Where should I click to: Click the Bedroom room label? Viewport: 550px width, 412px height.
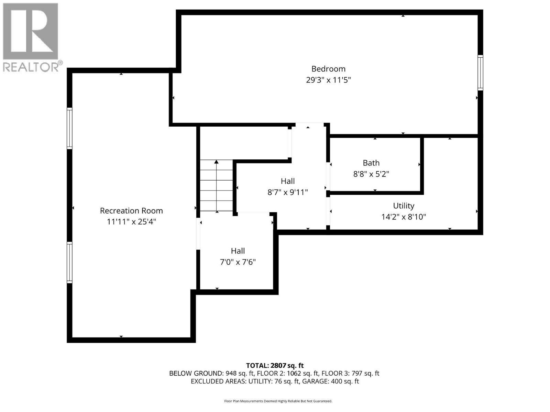click(328, 69)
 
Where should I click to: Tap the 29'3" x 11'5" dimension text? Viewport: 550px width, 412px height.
click(328, 80)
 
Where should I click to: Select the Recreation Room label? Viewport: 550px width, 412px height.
click(131, 210)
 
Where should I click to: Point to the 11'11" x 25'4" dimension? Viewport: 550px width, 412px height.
click(131, 222)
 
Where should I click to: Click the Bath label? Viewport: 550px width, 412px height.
click(371, 163)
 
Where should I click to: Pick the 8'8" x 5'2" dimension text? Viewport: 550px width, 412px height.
click(371, 174)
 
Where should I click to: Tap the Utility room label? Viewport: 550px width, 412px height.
click(404, 206)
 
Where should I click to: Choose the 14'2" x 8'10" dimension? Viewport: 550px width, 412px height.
click(404, 217)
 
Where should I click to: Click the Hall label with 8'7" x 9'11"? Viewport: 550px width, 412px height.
click(288, 181)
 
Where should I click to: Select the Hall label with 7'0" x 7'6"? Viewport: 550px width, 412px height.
click(238, 251)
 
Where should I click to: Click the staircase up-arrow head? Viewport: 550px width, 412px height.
click(217, 162)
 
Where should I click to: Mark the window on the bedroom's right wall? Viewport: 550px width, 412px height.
click(480, 72)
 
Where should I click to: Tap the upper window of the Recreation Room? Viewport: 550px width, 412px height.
click(69, 128)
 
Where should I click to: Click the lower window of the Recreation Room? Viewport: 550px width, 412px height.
click(69, 262)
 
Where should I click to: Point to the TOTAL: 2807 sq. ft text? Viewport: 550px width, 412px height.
click(275, 366)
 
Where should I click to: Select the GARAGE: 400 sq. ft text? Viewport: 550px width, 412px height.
click(330, 381)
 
